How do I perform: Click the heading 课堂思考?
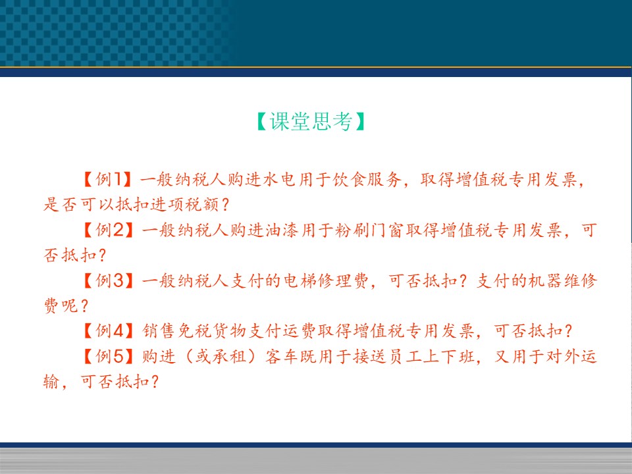coord(311,121)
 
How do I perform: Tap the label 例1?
coord(109,179)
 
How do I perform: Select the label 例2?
coord(110,230)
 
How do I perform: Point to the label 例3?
coord(110,280)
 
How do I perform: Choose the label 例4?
coord(110,331)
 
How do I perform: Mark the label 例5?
coord(110,356)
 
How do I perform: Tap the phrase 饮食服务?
coord(367,179)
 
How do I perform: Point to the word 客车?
coord(282,357)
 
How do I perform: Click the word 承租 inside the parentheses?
coord(229,357)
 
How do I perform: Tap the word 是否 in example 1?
coord(61,204)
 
